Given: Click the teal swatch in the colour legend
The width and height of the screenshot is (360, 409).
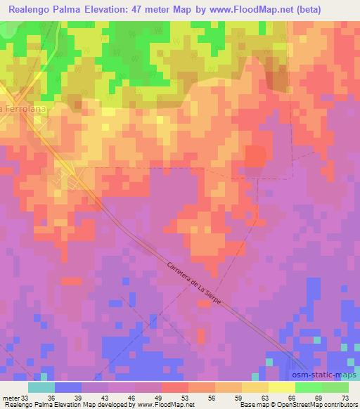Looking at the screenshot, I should (41, 387).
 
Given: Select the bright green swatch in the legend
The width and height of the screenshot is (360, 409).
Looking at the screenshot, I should (309, 387).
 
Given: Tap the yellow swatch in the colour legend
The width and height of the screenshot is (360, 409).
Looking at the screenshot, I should (255, 387).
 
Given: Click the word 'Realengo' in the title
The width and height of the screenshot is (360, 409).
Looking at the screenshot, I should (32, 9).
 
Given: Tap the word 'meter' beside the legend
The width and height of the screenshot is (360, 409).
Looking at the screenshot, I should (8, 397).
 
